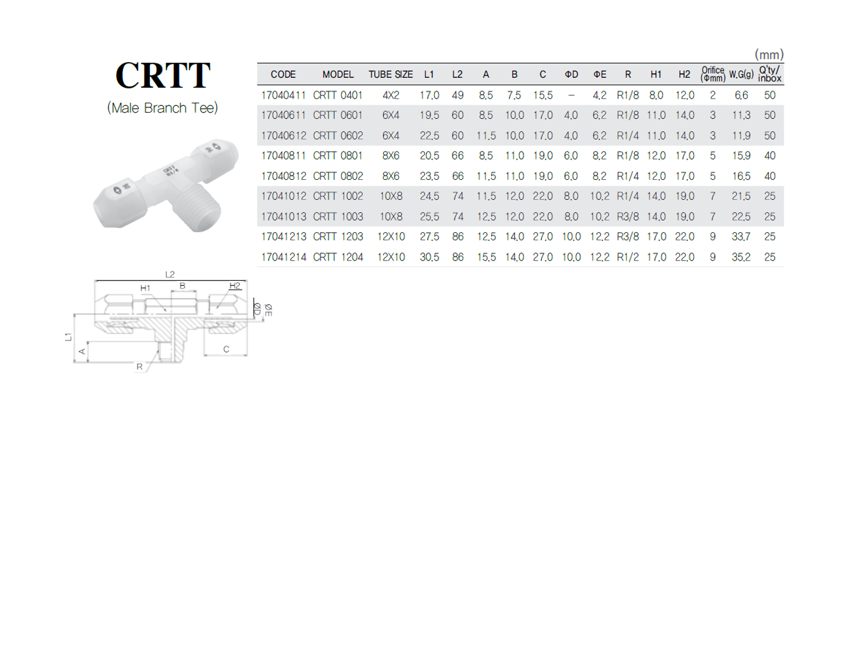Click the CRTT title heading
point(163,75)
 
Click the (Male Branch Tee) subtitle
point(163,108)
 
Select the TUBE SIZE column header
point(391,74)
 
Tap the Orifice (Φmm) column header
point(712,74)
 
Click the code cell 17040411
point(283,95)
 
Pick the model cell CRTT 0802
point(338,176)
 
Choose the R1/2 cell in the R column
point(628,257)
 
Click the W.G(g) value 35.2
point(741,257)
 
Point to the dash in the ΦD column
point(571,95)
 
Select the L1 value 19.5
point(429,115)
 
